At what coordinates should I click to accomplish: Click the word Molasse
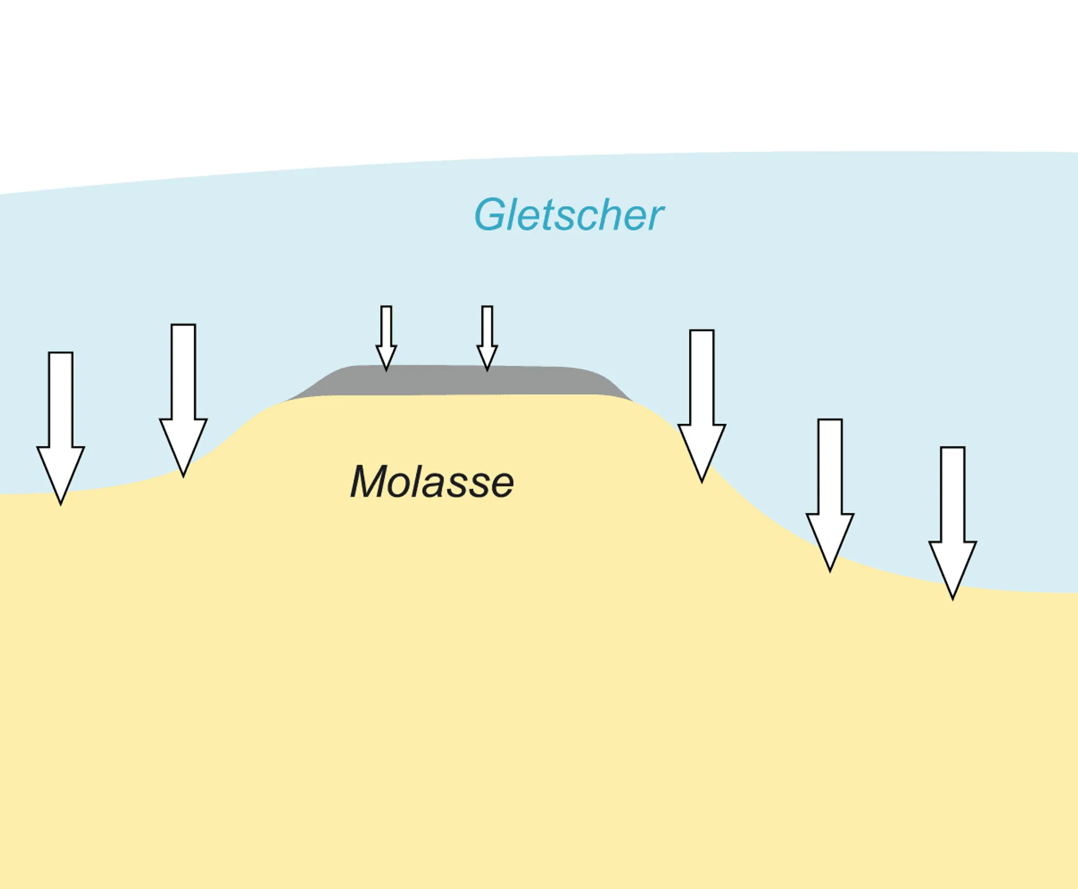(x=432, y=482)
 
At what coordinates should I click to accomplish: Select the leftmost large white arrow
(x=61, y=410)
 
